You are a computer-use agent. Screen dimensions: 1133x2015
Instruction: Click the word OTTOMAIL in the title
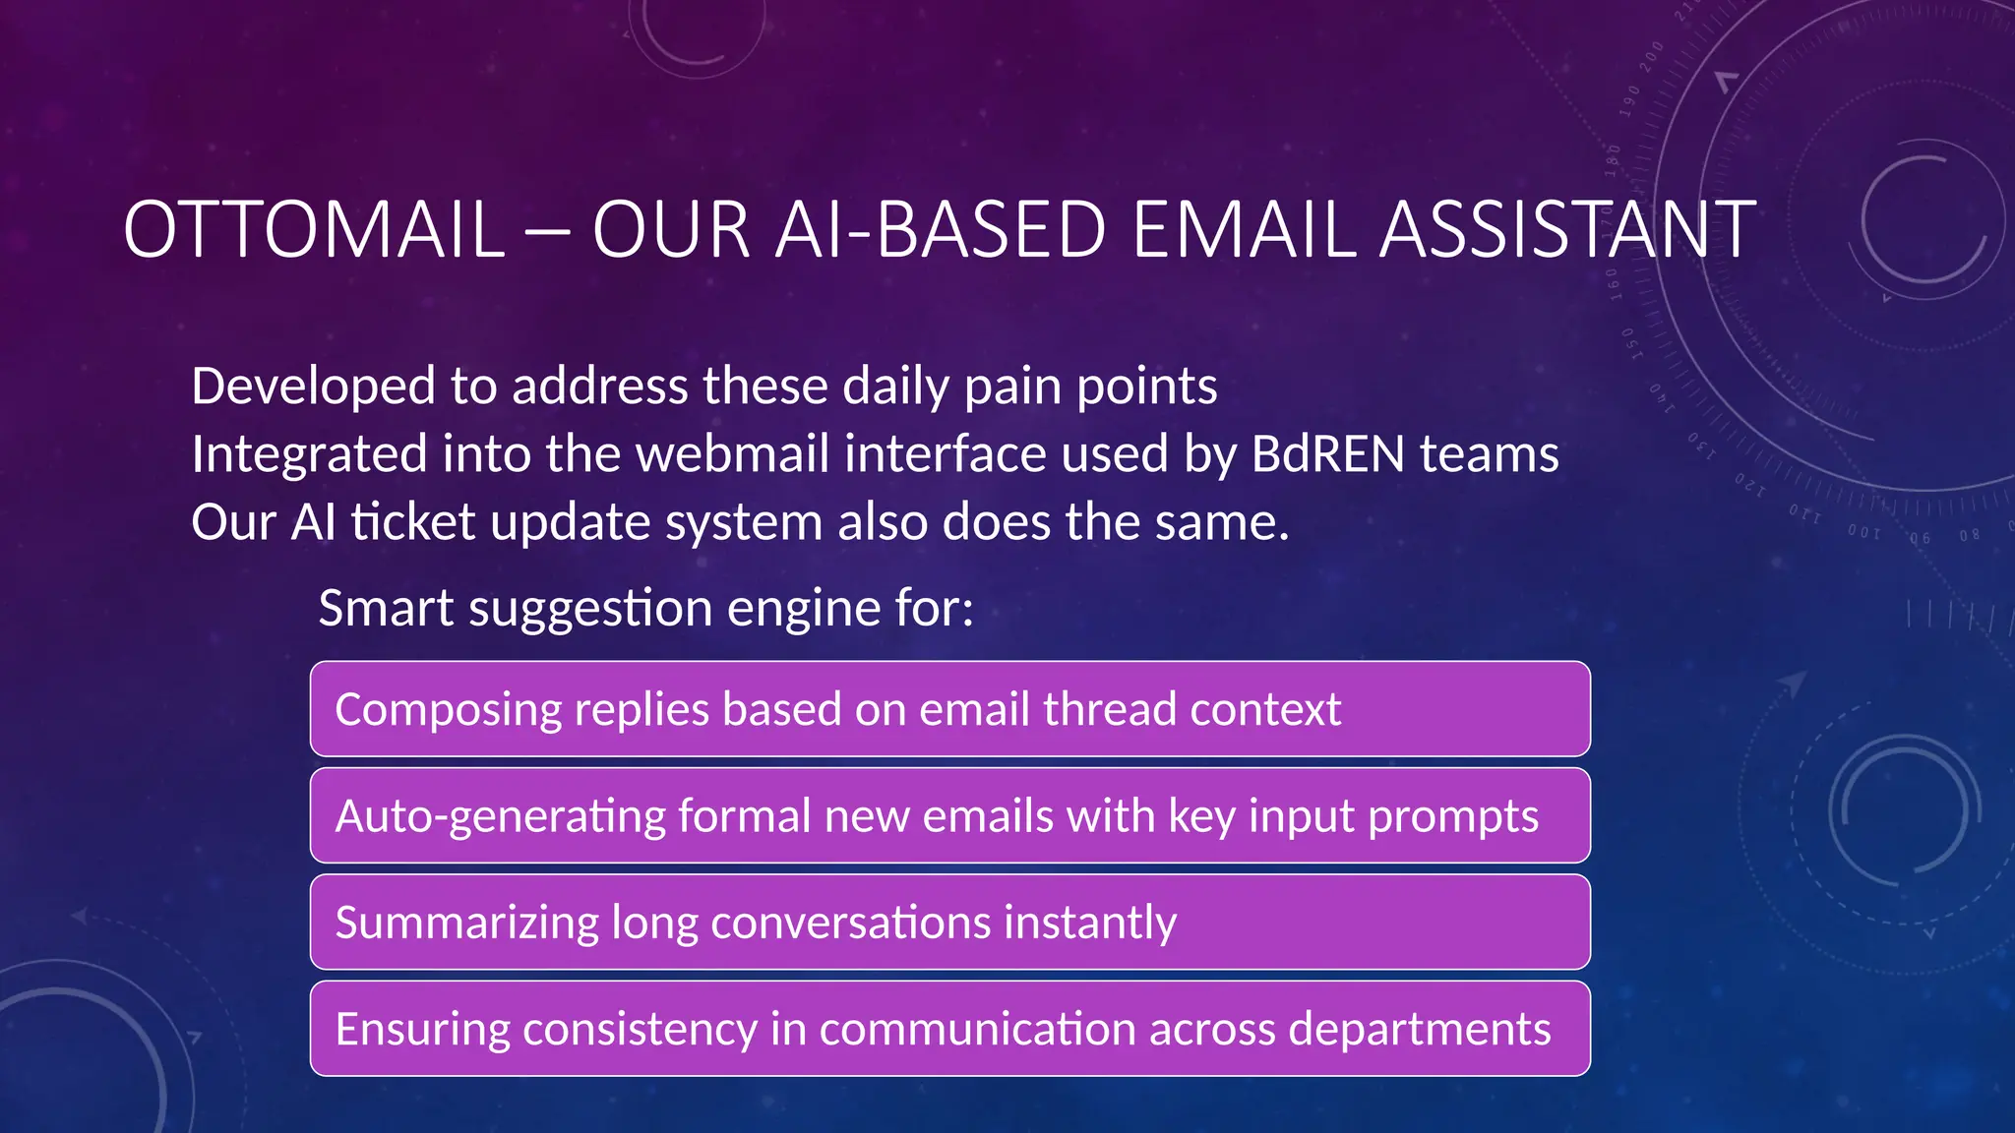pos(314,230)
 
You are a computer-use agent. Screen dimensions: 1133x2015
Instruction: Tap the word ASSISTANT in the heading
pos(1567,230)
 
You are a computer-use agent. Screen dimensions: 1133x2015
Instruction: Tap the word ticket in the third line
pos(413,521)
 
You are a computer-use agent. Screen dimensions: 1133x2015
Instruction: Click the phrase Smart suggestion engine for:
pos(645,608)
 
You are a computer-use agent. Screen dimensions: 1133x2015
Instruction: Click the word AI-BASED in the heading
pos(940,230)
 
